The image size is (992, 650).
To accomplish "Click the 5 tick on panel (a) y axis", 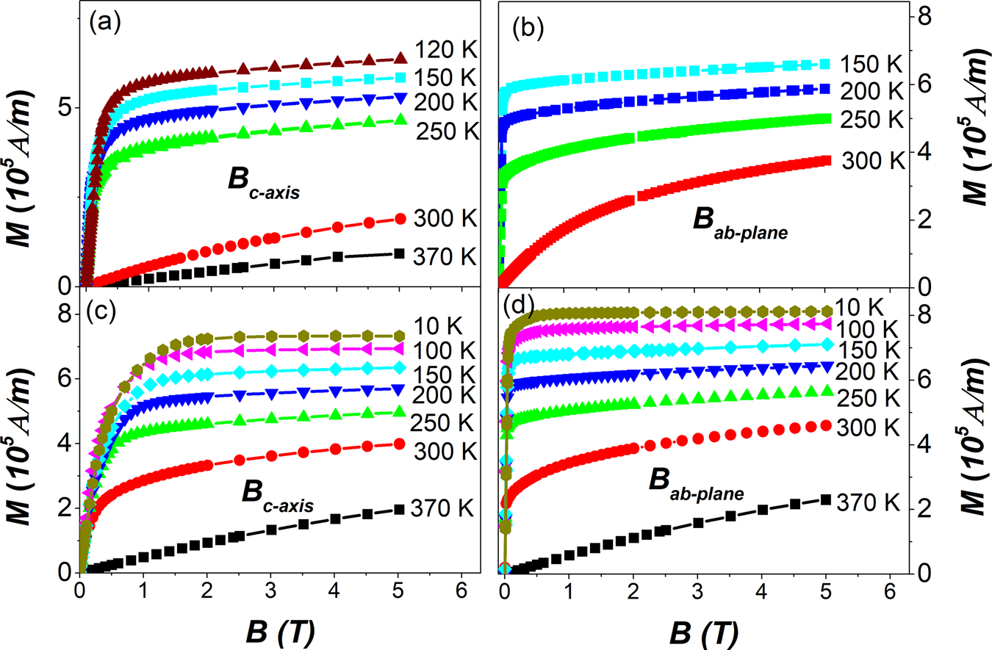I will coord(64,107).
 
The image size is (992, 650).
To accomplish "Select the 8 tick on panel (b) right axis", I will coord(927,15).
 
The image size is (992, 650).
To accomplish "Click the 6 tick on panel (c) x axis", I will coord(461,588).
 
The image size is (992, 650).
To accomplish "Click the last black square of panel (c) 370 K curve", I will coord(399,509).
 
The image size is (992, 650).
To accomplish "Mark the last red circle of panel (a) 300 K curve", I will coord(400,219).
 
